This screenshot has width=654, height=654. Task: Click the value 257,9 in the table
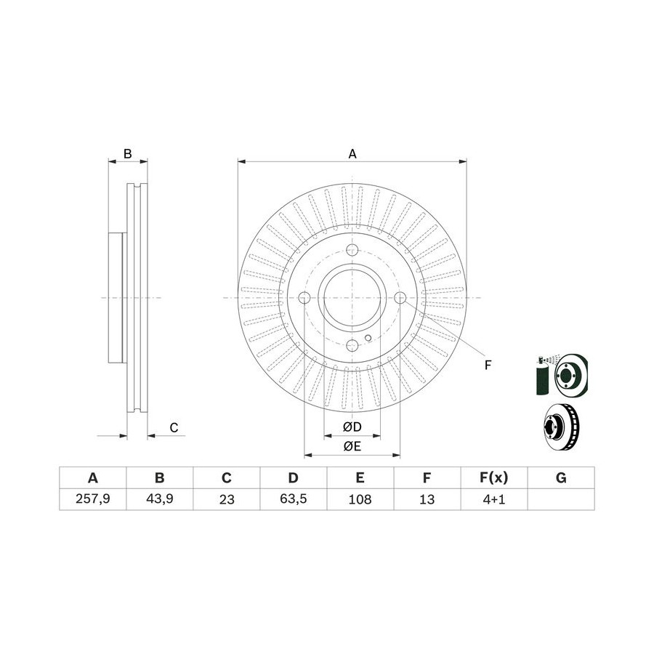(92, 498)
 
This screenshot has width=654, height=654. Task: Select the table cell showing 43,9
(160, 498)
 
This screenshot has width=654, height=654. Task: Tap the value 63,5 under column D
(294, 498)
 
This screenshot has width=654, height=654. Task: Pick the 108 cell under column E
(360, 499)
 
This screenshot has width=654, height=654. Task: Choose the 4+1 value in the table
(494, 499)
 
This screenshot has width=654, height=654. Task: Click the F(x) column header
(494, 477)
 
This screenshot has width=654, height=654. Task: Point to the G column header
(561, 477)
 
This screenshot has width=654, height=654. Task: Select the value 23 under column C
(227, 499)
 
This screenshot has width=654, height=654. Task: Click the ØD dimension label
(352, 427)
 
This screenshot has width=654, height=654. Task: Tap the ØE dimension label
(352, 446)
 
